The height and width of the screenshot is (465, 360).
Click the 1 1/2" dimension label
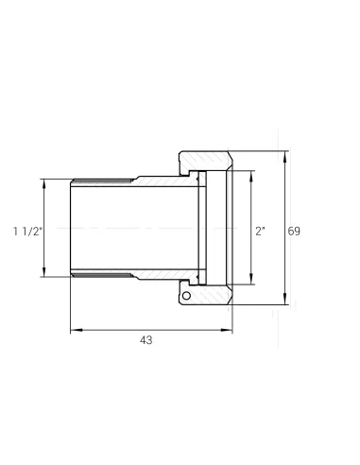(x=27, y=232)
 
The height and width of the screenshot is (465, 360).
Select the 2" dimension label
(x=260, y=232)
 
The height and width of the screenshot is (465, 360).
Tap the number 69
(x=294, y=232)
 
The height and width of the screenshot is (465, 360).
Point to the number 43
(x=146, y=340)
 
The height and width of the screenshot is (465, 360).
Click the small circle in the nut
(x=186, y=296)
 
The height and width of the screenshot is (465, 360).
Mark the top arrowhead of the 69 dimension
(x=285, y=157)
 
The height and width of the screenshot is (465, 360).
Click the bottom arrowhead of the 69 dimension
(x=285, y=299)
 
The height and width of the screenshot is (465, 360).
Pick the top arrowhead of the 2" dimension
(x=251, y=177)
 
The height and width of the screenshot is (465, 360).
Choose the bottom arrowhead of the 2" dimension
(x=251, y=279)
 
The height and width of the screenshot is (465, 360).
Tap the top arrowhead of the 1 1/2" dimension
(x=43, y=184)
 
